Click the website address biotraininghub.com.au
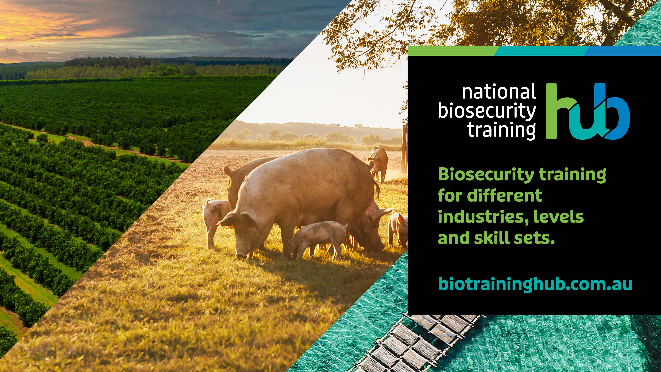[x=535, y=284]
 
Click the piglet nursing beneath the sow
[x=318, y=238]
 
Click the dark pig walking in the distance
[x=378, y=163]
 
